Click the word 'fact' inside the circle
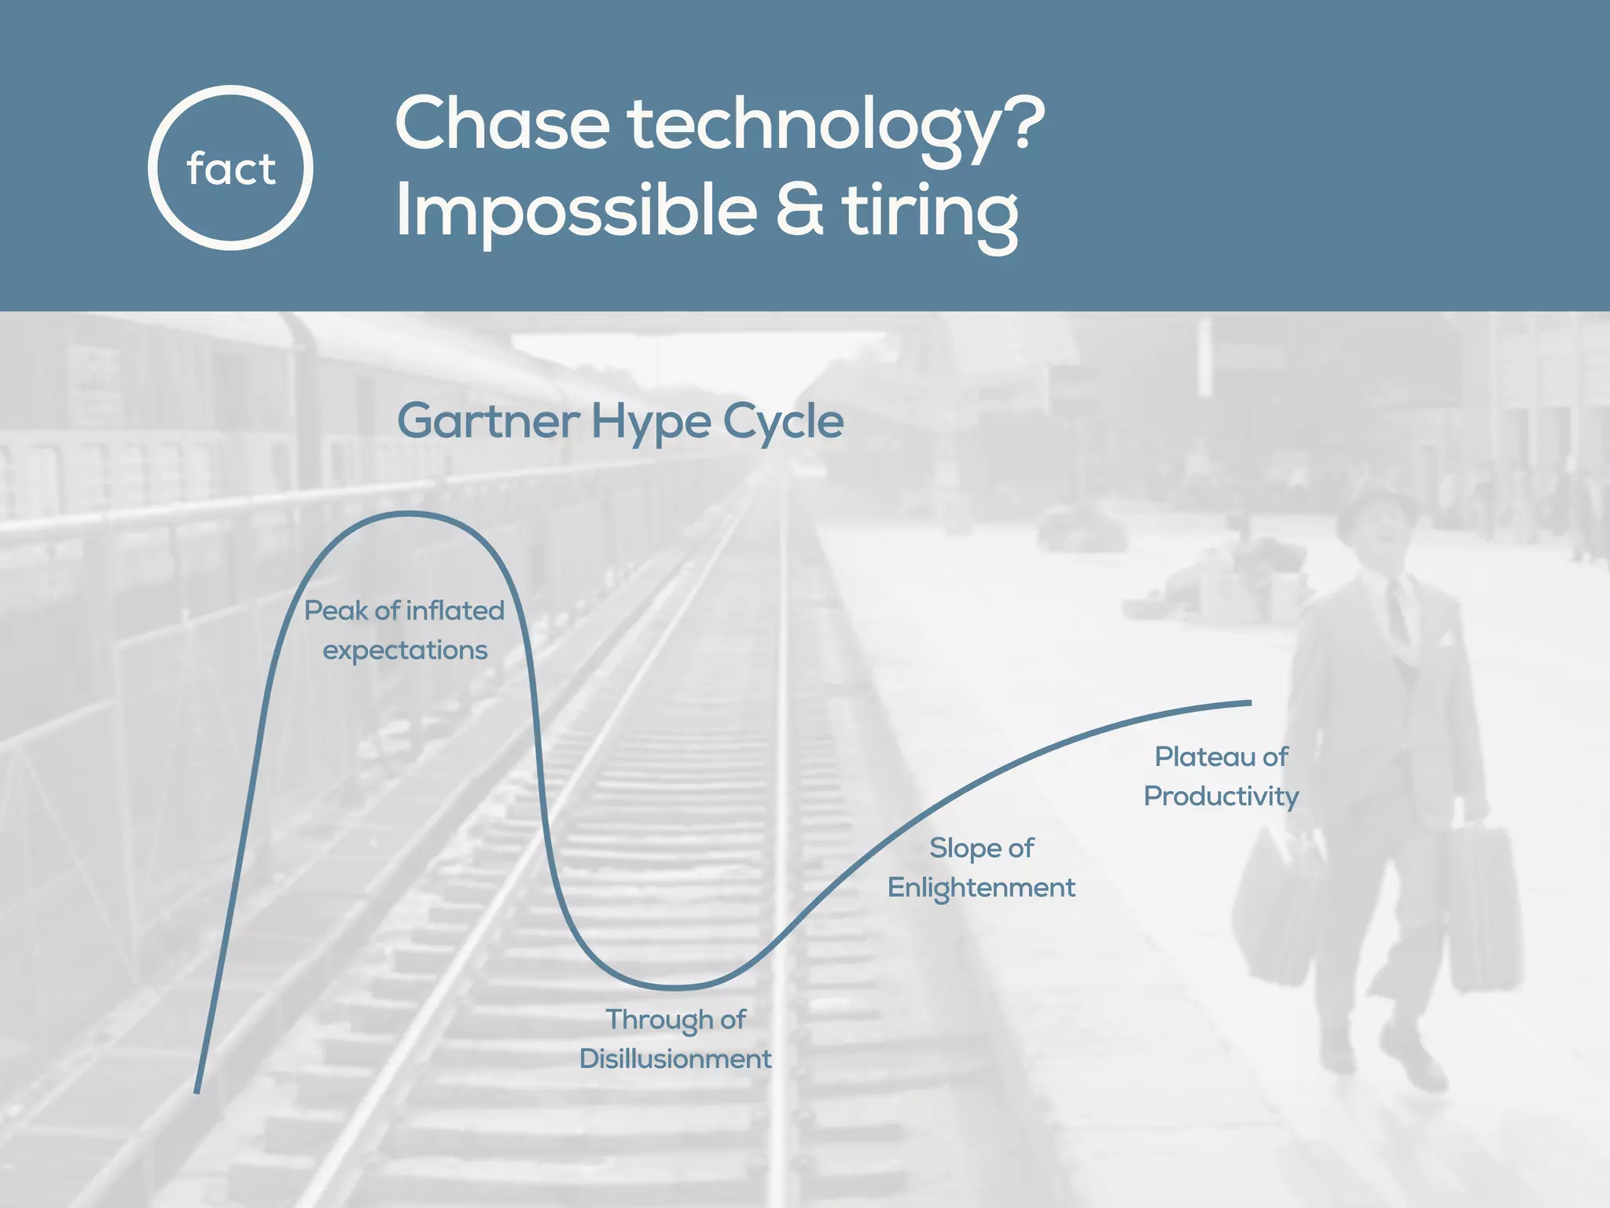click(x=231, y=169)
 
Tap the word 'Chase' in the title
click(x=502, y=124)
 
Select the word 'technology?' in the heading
click(x=836, y=126)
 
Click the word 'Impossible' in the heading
click(x=575, y=211)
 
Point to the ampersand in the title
click(x=799, y=210)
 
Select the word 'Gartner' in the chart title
click(x=487, y=422)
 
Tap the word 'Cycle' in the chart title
click(x=783, y=422)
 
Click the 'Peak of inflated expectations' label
click(x=404, y=630)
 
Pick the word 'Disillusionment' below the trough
click(x=675, y=1059)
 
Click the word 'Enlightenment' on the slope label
click(x=981, y=887)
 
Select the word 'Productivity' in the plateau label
click(x=1221, y=796)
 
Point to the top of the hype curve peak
click(x=408, y=514)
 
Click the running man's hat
click(x=1372, y=511)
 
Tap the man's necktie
click(x=1397, y=610)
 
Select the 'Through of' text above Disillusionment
click(x=675, y=1019)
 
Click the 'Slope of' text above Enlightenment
click(x=981, y=848)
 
